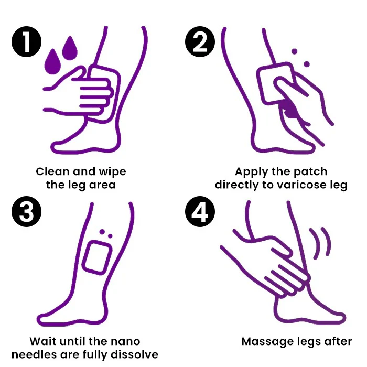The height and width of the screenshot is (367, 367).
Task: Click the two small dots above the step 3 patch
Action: tap(105, 233)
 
